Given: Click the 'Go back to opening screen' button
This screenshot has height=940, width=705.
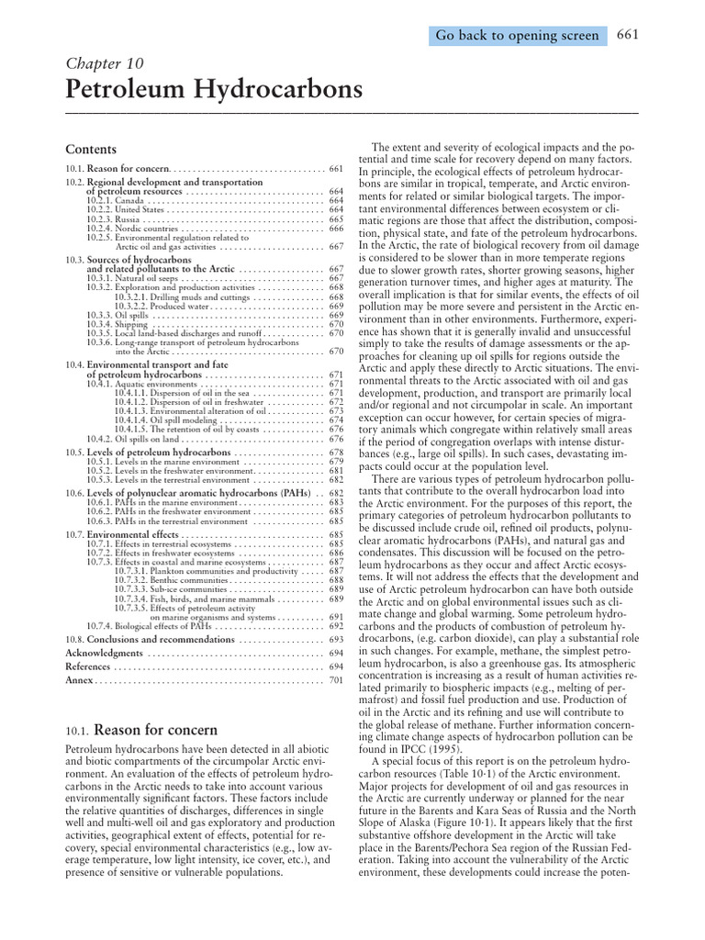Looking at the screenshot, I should (x=517, y=36).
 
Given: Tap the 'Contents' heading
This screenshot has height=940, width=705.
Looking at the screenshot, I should (x=91, y=149).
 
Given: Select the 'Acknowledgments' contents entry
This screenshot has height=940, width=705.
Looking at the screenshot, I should (x=104, y=653).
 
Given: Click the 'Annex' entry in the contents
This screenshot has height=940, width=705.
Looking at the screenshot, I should (x=80, y=680).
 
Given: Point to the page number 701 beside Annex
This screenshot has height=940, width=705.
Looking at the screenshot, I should (x=335, y=681).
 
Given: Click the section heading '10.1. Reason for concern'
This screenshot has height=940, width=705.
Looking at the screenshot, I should (x=142, y=731).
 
